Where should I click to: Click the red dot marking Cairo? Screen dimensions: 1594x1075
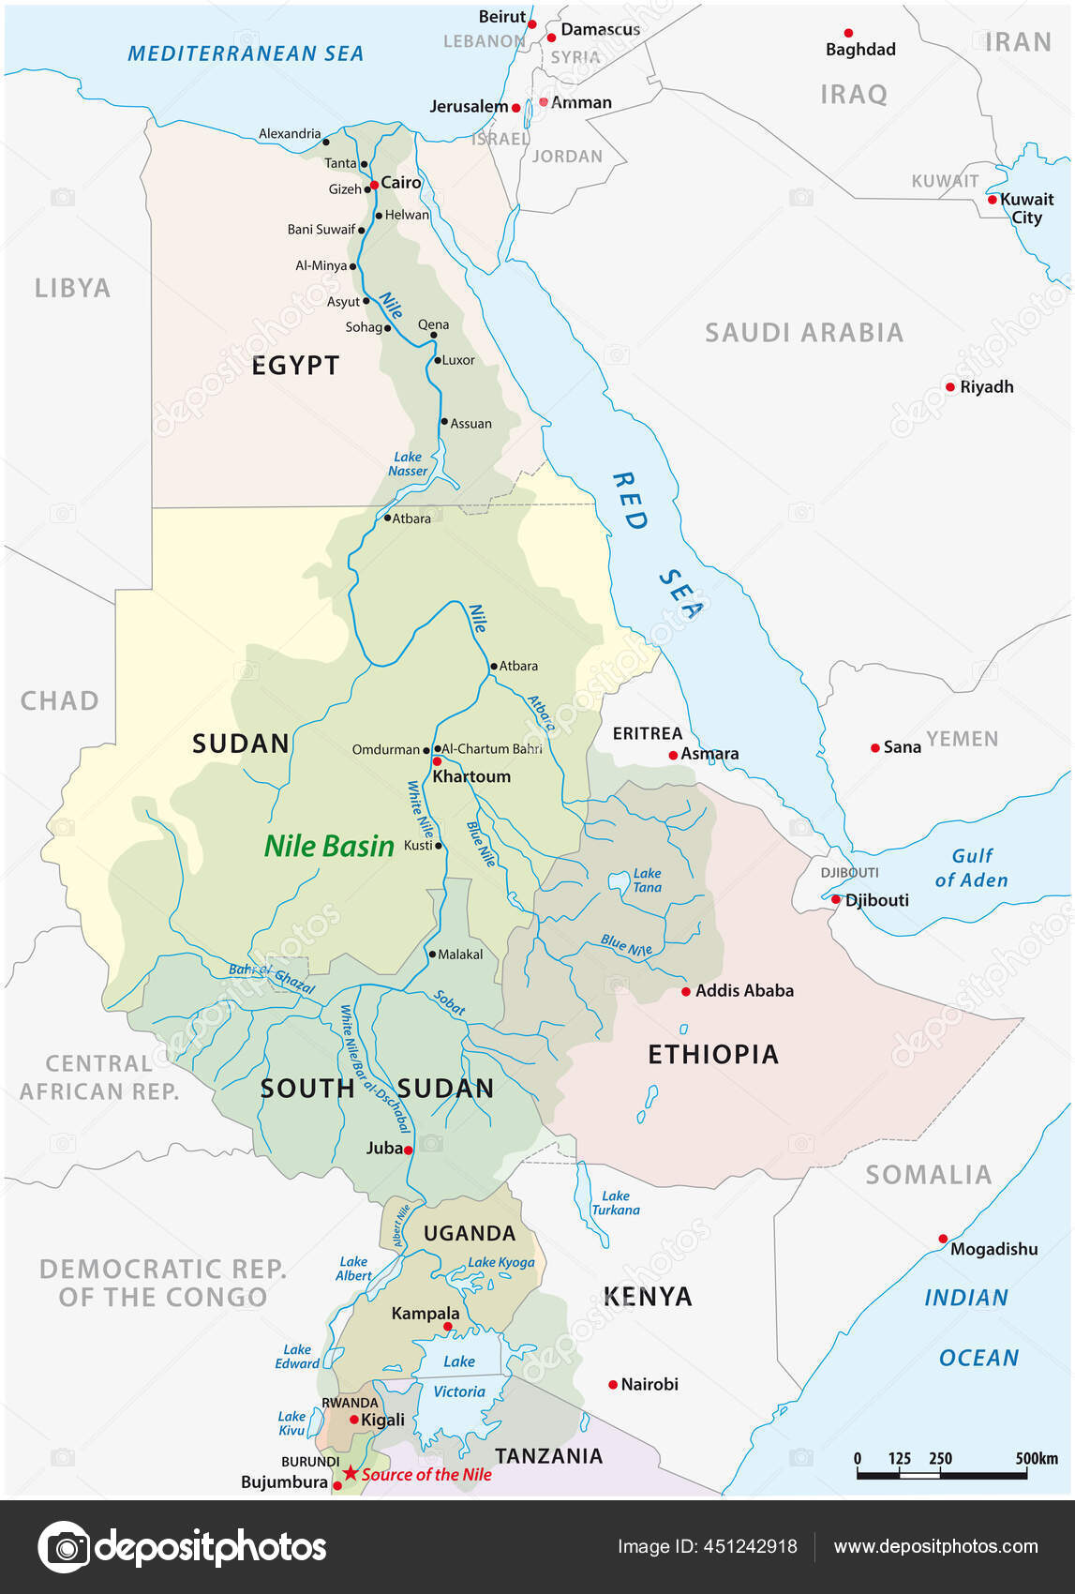tap(374, 185)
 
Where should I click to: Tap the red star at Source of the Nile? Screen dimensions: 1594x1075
tap(351, 1473)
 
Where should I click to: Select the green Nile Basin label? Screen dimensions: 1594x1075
tap(329, 846)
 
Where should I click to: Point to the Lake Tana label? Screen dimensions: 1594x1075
tap(647, 880)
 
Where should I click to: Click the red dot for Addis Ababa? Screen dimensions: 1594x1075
tap(686, 991)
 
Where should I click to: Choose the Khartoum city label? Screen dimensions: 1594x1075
tap(471, 776)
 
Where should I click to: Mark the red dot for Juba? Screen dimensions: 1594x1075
tap(409, 1150)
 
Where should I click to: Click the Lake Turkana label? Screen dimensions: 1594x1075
tap(616, 1203)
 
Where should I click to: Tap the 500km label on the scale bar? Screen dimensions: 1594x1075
tap(1037, 1458)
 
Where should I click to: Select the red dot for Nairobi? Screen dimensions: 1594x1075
tap(613, 1384)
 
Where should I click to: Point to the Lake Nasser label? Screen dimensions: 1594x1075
tap(408, 464)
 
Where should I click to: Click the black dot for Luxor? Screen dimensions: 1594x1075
tap(437, 360)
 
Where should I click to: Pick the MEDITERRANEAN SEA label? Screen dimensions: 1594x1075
tap(246, 53)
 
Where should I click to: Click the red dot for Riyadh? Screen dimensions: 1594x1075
tap(950, 386)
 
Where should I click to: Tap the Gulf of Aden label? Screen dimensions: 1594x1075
tap(972, 868)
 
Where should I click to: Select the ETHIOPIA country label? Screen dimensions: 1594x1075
tap(713, 1055)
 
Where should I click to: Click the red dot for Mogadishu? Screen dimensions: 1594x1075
tap(943, 1239)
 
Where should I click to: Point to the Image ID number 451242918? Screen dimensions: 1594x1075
tap(750, 1547)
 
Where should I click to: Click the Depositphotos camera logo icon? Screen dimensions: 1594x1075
tap(65, 1546)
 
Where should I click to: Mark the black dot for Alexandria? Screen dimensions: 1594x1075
tap(326, 142)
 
